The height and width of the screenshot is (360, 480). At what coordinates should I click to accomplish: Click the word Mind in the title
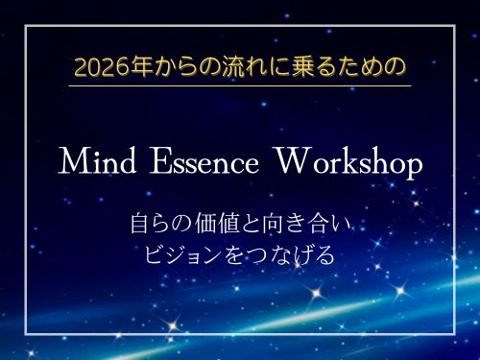(x=95, y=163)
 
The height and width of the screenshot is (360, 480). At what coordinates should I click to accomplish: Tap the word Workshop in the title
(x=348, y=163)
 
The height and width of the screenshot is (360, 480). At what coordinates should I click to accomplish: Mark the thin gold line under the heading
(x=240, y=85)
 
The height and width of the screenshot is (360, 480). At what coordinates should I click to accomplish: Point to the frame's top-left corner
(x=26, y=26)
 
